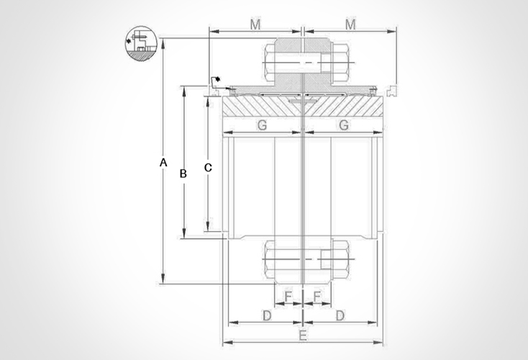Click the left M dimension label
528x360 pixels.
[x=255, y=25]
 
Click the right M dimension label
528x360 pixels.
[x=350, y=25]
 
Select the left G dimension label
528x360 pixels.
[x=262, y=125]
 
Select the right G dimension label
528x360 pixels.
[x=344, y=125]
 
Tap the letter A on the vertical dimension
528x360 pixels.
[x=163, y=163]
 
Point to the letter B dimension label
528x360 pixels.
[x=183, y=174]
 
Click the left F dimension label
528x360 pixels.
[x=288, y=296]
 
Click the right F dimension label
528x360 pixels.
[x=317, y=296]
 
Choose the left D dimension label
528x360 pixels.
[x=265, y=316]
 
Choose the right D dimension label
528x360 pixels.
[x=340, y=316]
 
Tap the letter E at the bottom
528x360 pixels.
[x=303, y=336]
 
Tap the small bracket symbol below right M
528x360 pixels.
[x=391, y=91]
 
